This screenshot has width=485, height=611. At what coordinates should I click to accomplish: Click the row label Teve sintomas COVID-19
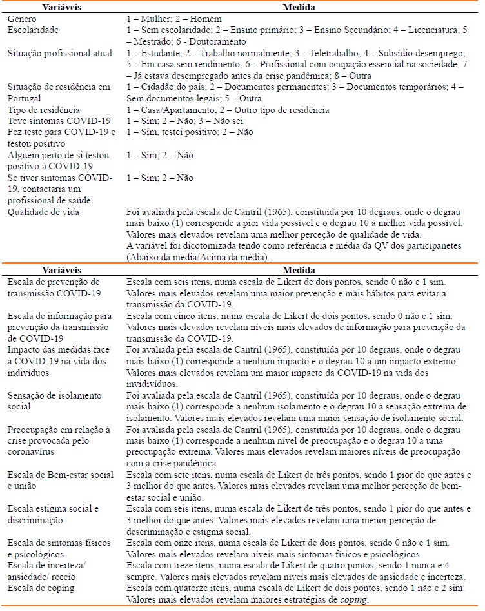tap(59, 121)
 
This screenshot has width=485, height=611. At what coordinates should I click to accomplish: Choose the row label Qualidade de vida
tap(43, 211)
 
